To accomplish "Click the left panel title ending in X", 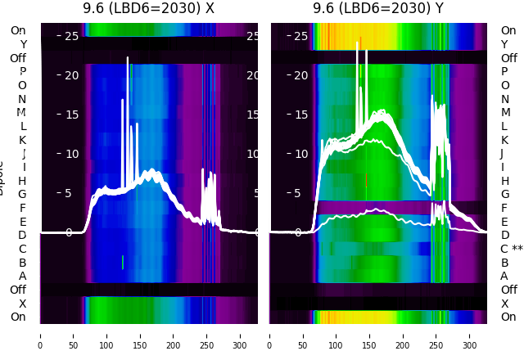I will [x=149, y=8].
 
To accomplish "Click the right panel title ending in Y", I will [x=378, y=8].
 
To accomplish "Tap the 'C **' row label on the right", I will [x=511, y=249].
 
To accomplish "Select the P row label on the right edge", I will [x=505, y=72].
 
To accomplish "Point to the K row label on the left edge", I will [x=23, y=140].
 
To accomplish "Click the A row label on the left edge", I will [x=23, y=276].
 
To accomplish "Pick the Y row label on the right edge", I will [x=505, y=44].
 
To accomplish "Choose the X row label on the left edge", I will [x=23, y=304].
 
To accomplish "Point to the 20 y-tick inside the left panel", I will [x=70, y=74].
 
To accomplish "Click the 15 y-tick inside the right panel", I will [x=300, y=115].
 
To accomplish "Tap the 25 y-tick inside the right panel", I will [x=300, y=35].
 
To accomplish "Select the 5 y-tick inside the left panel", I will [x=69, y=193].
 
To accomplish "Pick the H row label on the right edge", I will [x=505, y=181].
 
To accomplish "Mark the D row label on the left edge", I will [x=23, y=235].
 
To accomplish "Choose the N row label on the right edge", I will [x=505, y=99].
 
